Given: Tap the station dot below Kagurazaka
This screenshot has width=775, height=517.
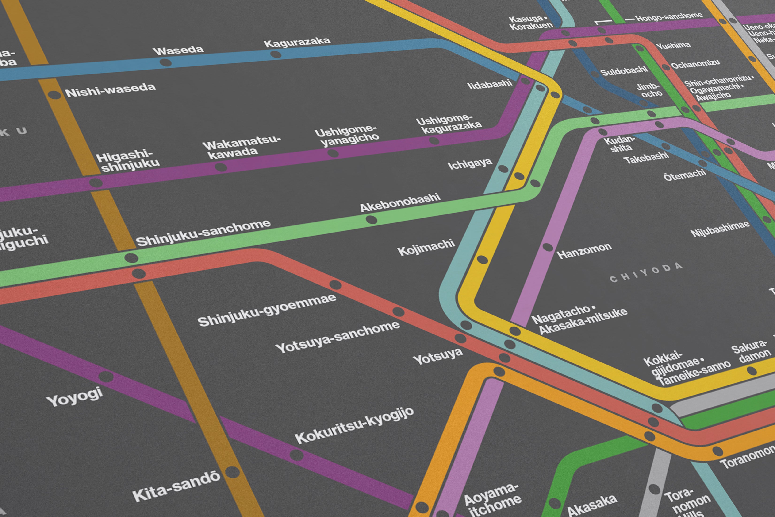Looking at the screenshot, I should [276, 54].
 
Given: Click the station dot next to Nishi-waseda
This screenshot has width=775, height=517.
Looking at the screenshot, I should [54, 95].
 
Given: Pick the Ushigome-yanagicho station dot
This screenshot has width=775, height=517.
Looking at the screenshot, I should [333, 153].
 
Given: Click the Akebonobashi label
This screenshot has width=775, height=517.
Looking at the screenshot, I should [400, 202].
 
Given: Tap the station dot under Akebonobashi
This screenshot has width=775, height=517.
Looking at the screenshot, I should [371, 220].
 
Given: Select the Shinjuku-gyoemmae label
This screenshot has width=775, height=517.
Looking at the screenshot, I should [267, 310].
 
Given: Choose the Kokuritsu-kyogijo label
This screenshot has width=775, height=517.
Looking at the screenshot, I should [354, 425].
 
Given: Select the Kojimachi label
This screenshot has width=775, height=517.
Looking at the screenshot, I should [426, 247].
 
